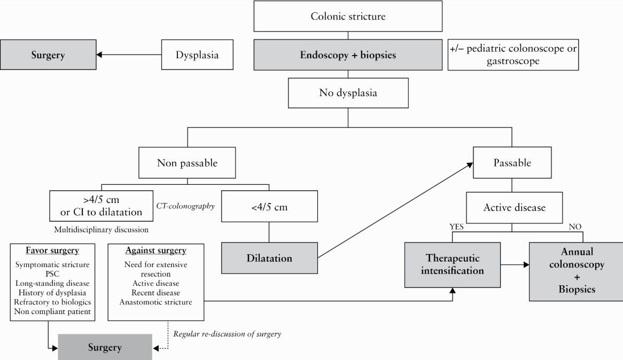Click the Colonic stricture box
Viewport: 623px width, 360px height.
[348, 16]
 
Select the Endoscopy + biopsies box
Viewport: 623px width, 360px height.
[348, 55]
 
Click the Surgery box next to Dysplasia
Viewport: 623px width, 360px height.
[48, 54]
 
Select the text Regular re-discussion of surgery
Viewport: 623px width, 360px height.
[227, 334]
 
